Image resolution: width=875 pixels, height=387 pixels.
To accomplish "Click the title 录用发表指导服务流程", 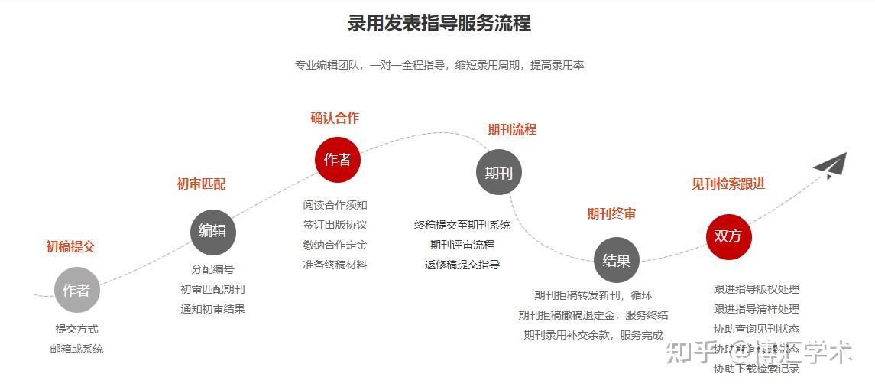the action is pos(439,23).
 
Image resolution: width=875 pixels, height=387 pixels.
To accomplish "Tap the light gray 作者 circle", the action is pos(76,290).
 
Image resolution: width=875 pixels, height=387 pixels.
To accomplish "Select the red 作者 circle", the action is pos(337,160).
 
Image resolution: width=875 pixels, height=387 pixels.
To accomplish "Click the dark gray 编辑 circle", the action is pos(212,231).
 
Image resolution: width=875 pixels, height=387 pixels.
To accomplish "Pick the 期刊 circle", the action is pos(498,173).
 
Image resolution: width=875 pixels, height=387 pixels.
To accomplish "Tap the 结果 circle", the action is pos(616,260).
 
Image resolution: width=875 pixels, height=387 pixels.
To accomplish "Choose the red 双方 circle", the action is pos(728,236).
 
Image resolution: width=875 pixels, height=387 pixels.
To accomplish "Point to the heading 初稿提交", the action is pos(70,246).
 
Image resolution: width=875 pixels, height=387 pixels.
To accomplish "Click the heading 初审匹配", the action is pos(201,184).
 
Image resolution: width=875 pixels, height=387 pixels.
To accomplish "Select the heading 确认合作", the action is pos(334,118).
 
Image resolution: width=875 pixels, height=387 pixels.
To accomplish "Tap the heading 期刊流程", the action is pos(512,129).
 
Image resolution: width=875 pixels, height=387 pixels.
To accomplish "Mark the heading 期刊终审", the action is pos(611,213).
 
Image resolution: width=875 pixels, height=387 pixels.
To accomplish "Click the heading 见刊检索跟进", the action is pos(728,184).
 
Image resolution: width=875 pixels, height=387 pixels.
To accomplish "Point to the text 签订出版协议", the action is pos(335,225).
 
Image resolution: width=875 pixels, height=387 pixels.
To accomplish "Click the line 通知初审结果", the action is pos(212,309).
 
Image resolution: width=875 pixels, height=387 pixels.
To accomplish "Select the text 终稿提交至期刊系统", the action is pos(462,225).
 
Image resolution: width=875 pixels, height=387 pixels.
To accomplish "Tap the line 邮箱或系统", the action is pos(76,349).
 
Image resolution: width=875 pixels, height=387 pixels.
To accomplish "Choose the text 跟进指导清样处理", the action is pos(757,309).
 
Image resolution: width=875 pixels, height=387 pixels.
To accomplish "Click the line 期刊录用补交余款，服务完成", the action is pos(593,335).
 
